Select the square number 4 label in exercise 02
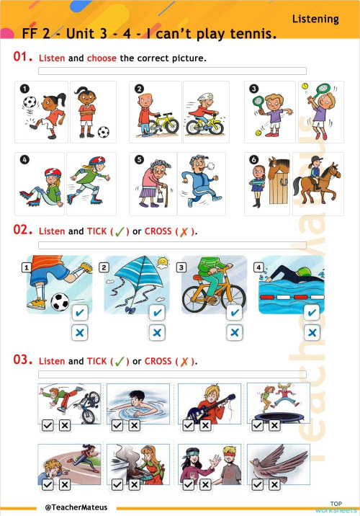[x=258, y=267]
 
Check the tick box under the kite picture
[x=156, y=313]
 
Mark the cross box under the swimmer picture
[x=311, y=332]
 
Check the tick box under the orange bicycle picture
[x=233, y=313]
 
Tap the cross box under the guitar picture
[x=204, y=426]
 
